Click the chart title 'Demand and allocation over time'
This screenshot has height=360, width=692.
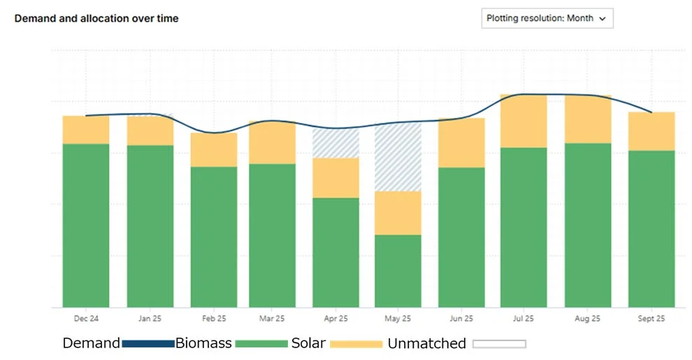point(96,19)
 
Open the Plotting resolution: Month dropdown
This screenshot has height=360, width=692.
point(547,19)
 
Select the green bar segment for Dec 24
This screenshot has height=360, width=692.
point(86,225)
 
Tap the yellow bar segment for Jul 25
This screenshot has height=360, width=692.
point(524,121)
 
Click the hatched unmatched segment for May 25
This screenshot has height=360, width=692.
point(398,157)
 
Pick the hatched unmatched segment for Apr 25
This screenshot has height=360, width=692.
point(336,143)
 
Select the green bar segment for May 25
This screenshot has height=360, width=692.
point(398,271)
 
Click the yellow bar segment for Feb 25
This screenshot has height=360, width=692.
point(214,150)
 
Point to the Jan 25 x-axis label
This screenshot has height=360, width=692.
point(150,319)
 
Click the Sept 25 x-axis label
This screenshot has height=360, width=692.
point(651,319)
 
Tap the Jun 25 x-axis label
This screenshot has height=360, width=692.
point(461,319)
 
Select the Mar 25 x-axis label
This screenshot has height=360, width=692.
point(272,319)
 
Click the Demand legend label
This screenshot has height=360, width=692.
point(92,343)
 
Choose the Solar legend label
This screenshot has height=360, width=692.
point(308,343)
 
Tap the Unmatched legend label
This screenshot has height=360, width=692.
point(426,343)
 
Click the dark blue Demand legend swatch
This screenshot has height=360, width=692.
point(147,344)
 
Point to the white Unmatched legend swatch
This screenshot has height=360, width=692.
point(499,344)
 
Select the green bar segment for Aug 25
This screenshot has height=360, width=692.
point(588,225)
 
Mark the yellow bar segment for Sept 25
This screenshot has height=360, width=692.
point(651,131)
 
